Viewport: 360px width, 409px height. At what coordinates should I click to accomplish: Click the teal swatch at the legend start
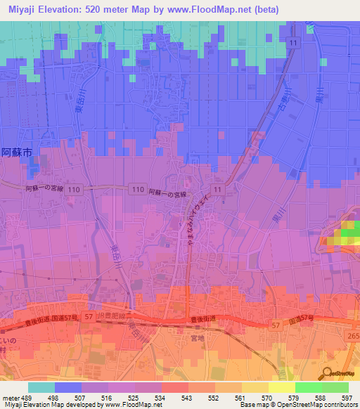point(41,387)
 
